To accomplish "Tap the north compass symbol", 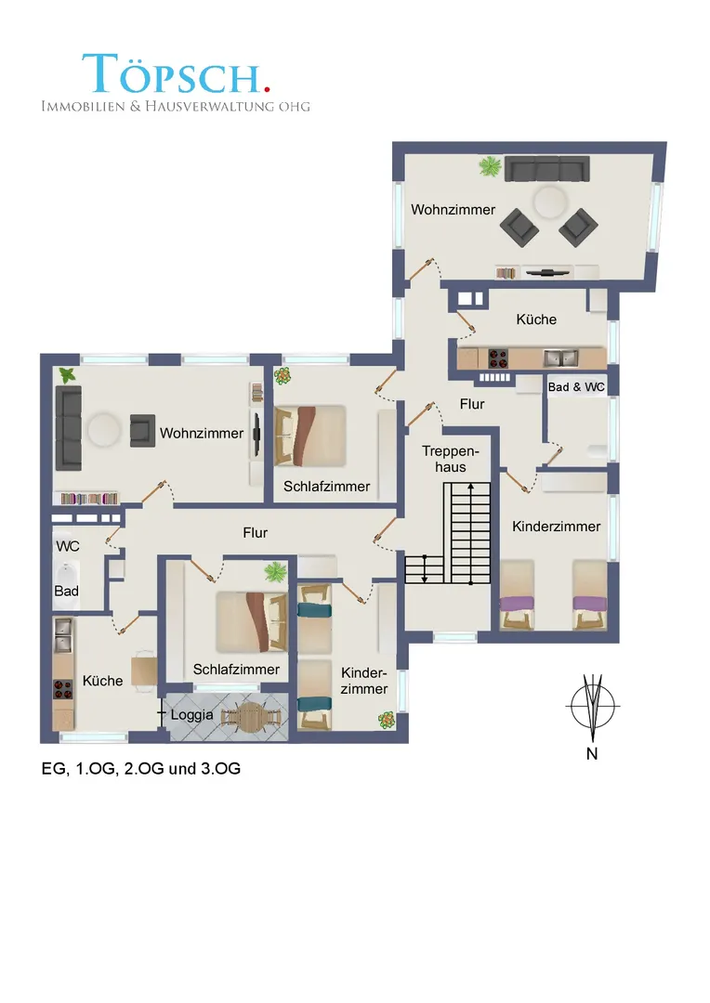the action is pos(593,708).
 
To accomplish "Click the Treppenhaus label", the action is pos(451,459).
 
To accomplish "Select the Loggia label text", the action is pos(191,714).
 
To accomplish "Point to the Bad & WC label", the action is pos(576,387).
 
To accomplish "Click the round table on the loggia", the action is pos(252,715).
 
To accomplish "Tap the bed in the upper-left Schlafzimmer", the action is pos(309,436).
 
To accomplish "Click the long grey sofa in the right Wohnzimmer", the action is pos(547,170).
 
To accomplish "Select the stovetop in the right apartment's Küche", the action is pos(498,358).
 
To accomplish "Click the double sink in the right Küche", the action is pos(560,358).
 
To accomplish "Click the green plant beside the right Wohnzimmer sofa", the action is pos(490,166).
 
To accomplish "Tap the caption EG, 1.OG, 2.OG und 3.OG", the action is pos(141,768).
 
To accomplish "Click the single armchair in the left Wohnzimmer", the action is pos(143,430).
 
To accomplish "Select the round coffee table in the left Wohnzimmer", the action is pos(104,429).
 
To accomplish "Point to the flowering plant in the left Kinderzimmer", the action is pos(386,721).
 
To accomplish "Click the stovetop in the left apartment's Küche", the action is pos(63,689).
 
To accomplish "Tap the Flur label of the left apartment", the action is pos(255,532).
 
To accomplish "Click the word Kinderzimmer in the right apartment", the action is pos(557,527).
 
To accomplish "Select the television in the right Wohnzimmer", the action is pos(547,273).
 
